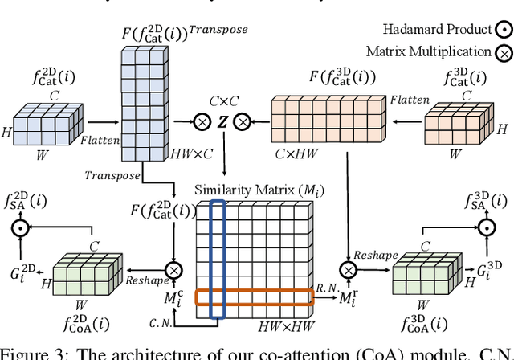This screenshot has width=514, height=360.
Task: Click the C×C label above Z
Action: (x=218, y=101)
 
